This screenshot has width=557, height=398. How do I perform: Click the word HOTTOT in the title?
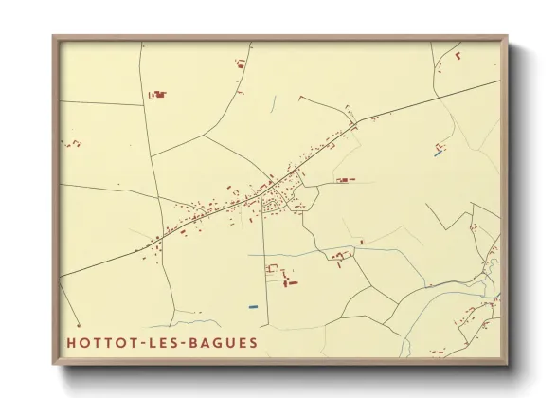(99, 341)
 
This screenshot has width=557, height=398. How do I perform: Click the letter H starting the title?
(71, 341)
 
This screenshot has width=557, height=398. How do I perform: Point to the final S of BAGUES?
(251, 341)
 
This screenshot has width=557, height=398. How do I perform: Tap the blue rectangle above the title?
(251, 306)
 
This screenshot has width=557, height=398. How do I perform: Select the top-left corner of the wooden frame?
(53, 37)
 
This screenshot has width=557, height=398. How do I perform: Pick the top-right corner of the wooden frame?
(507, 37)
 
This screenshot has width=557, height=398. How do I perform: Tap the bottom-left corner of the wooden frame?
(53, 364)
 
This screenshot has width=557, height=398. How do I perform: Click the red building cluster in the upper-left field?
(157, 94)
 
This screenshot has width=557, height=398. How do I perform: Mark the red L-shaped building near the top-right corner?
(458, 56)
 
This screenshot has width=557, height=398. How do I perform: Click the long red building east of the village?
(343, 179)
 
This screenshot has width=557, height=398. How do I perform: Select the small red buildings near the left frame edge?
(72, 143)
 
